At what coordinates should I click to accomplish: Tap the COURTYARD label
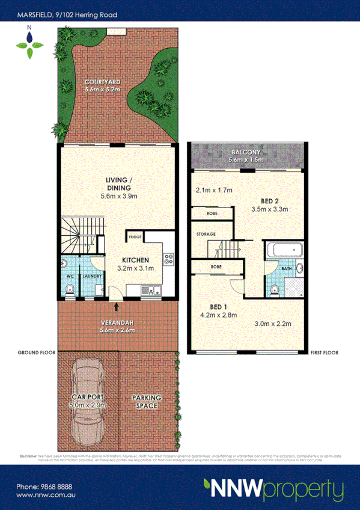(102, 82)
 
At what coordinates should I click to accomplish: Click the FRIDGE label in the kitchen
(135, 238)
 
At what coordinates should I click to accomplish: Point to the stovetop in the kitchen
(169, 260)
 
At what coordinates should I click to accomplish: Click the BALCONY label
(246, 153)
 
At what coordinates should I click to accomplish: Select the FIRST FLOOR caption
(324, 353)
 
